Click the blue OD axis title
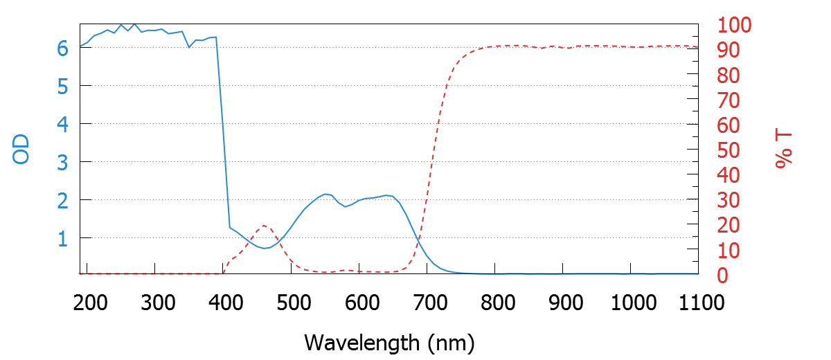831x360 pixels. pos(21,150)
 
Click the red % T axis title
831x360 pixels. pos(783,150)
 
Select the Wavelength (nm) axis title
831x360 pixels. pos(388,342)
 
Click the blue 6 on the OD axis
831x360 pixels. pos(63,48)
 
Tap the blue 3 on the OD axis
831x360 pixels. pos(63,162)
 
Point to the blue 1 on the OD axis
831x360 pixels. pos(63,238)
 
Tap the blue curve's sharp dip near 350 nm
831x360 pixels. pos(189,47)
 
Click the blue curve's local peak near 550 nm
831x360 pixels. pos(325,194)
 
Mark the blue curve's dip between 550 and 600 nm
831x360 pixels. pos(346,206)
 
